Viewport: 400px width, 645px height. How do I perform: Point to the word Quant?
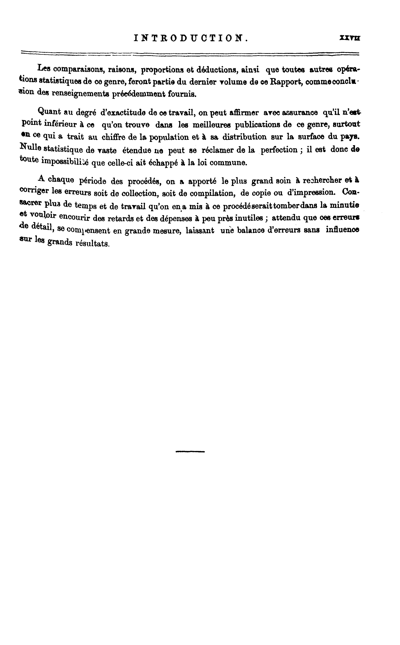point(49,111)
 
